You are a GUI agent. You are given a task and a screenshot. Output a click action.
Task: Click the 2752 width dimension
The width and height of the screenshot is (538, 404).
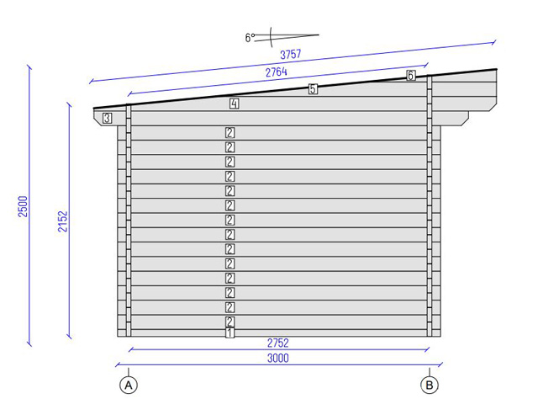[278, 343]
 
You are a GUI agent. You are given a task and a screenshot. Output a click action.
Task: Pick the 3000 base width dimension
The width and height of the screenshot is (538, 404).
[278, 359]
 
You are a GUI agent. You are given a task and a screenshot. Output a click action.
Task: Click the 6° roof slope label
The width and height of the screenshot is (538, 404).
[250, 37]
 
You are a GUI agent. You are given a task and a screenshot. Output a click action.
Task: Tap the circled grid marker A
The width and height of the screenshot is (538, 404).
[129, 385]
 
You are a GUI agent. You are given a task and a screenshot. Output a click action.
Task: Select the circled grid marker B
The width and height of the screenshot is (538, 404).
[430, 385]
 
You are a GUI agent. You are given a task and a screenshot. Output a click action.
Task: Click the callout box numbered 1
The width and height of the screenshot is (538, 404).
[229, 332]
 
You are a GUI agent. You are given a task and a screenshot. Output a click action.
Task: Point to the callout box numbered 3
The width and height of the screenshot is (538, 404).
[108, 119]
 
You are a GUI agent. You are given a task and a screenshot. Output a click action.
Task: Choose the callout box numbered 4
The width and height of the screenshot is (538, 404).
[234, 104]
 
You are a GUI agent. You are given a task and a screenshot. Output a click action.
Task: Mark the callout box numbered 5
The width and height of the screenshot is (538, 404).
[313, 89]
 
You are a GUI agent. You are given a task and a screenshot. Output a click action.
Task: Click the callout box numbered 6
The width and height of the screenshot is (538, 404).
[410, 75]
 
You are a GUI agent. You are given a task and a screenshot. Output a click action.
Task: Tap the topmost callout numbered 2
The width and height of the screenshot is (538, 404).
[229, 132]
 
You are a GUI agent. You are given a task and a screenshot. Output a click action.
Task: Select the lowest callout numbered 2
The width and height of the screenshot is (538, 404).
[229, 322]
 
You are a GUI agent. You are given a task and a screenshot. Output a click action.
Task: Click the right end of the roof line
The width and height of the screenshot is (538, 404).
[495, 70]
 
